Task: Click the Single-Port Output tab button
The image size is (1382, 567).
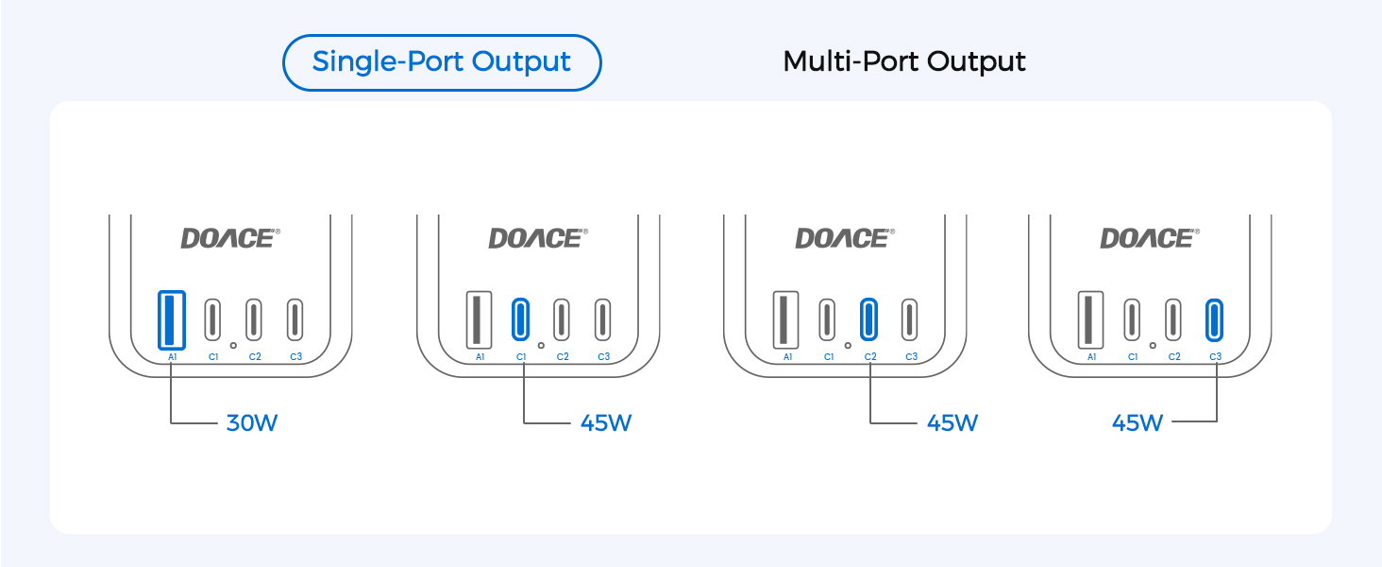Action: click(442, 62)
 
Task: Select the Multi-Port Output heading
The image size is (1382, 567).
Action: click(903, 61)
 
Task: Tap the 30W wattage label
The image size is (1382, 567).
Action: click(252, 423)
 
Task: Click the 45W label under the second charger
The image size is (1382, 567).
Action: click(606, 423)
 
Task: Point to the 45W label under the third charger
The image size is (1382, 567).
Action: click(952, 423)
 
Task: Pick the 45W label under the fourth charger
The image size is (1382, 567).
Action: click(1138, 423)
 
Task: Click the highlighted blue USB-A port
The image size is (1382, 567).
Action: click(172, 320)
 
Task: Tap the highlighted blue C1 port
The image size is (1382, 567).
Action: click(521, 320)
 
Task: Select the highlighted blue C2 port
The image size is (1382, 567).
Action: click(868, 320)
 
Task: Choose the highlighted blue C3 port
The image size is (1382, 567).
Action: click(1214, 320)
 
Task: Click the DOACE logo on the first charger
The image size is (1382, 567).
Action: click(230, 238)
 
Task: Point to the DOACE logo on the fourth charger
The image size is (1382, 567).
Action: click(1150, 238)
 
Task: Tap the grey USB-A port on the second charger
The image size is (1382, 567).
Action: click(479, 320)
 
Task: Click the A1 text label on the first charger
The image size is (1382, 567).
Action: click(172, 357)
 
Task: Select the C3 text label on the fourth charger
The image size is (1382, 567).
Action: click(1216, 357)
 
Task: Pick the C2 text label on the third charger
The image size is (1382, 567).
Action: click(870, 357)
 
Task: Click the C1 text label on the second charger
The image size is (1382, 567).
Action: click(521, 357)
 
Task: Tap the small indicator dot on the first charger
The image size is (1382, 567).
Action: click(233, 345)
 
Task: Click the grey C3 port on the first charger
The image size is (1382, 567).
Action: click(295, 320)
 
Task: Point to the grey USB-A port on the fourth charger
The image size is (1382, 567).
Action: click(1090, 320)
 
